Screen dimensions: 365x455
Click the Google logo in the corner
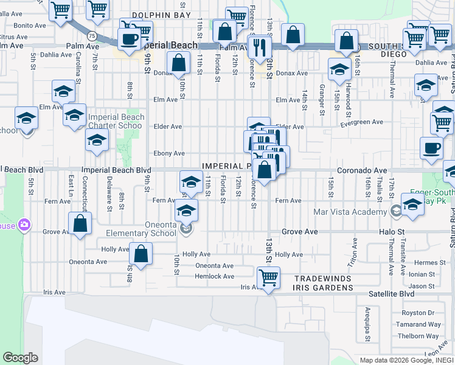pyautogui.click(x=20, y=358)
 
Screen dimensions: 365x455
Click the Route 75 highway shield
pyautogui.click(x=91, y=36)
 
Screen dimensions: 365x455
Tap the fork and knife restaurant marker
pyautogui.click(x=260, y=46)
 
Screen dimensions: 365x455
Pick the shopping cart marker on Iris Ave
pyautogui.click(x=268, y=278)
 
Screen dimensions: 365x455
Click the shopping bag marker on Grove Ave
pyautogui.click(x=80, y=223)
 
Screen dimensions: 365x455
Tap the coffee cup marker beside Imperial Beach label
pyautogui.click(x=129, y=40)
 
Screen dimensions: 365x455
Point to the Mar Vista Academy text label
pyautogui.click(x=349, y=212)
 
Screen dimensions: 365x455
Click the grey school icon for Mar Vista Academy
pyautogui.click(x=396, y=212)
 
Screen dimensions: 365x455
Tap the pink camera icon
pyautogui.click(x=25, y=225)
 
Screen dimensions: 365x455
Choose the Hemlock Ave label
pyautogui.click(x=214, y=276)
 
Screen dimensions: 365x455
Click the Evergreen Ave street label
pyautogui.click(x=362, y=122)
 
